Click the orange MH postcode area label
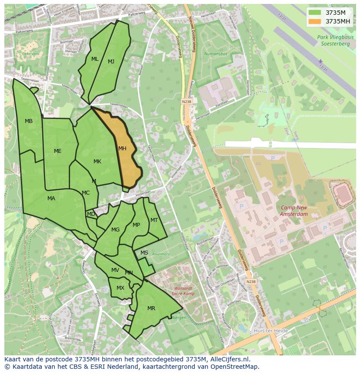[x=122, y=149]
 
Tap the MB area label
[x=29, y=121]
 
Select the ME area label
[x=58, y=151]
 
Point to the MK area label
[x=97, y=162]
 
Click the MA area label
[x=51, y=199]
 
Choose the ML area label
[x=95, y=59]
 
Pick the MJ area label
[x=111, y=62]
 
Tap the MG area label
[x=115, y=230]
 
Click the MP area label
[x=137, y=225]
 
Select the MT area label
[x=154, y=220]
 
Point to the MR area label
[x=151, y=308]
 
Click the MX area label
[x=120, y=288]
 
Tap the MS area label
[x=144, y=253]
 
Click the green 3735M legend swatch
[x=315, y=13]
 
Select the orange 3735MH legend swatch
[x=315, y=21]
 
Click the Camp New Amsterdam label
[x=294, y=211]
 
